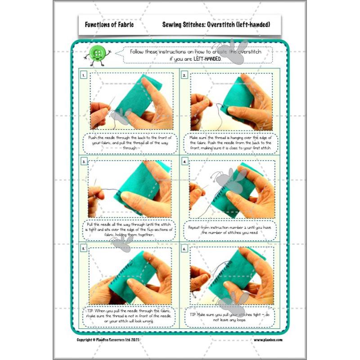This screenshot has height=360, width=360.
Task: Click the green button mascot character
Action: coord(97,54)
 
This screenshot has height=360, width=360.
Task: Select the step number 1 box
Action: coord(84,75)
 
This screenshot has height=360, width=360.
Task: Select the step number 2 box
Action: coord(184,75)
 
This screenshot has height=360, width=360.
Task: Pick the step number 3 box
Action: coord(84,161)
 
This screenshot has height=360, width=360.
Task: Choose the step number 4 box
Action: coord(184,161)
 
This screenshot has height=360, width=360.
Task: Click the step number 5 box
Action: coord(84,248)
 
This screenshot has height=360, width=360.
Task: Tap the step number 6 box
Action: coord(184,248)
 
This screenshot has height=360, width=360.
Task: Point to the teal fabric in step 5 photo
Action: coord(130,274)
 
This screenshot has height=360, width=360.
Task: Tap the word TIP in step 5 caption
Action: coord(90,310)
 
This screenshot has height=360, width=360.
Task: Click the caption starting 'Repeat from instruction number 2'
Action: coord(230,230)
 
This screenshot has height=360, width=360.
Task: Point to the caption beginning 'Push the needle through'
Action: coord(130,143)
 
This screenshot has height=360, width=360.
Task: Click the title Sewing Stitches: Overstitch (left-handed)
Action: coord(216,25)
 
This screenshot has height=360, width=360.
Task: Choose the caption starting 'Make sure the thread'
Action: coord(231,143)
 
